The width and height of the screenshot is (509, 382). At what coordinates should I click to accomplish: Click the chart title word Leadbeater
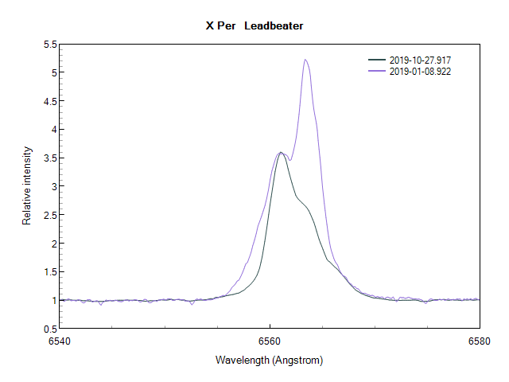274,26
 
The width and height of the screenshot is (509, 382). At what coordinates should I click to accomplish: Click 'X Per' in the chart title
220,26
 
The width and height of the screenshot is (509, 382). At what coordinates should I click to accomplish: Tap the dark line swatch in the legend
377,60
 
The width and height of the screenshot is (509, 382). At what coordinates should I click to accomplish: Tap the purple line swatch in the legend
377,72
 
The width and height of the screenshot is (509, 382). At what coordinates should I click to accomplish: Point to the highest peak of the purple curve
305,60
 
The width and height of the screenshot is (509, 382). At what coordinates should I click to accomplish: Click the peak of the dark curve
280,152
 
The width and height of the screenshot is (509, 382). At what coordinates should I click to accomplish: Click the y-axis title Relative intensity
27,185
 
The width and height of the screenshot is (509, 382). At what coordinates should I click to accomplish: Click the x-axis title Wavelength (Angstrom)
269,360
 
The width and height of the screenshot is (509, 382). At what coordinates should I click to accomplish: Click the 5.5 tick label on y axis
49,44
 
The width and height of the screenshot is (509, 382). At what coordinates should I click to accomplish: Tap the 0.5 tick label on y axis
49,329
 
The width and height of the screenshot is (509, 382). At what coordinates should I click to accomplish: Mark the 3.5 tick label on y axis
49,158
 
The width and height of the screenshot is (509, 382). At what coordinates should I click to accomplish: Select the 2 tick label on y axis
53,244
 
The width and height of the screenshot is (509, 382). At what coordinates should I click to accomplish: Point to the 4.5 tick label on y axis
49,101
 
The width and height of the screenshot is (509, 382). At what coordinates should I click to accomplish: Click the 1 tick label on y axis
53,300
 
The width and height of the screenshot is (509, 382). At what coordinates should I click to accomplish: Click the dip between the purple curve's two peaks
290,160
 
